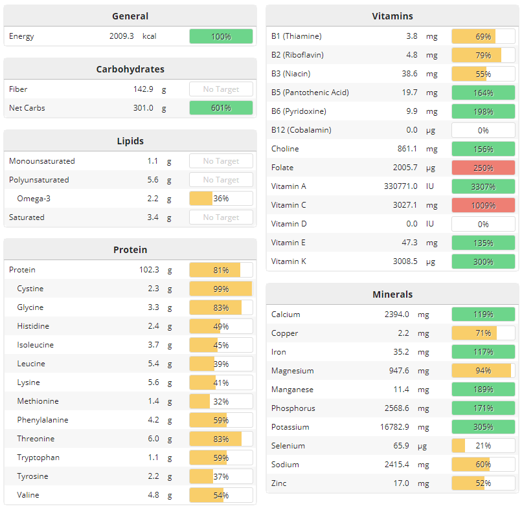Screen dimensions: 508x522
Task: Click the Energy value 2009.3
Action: tap(121, 36)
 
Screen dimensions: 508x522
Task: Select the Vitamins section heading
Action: tap(392, 16)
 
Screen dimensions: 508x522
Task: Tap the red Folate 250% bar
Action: tap(483, 168)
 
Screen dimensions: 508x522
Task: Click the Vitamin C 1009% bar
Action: tap(483, 205)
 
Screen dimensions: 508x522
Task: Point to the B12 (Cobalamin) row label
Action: tap(301, 130)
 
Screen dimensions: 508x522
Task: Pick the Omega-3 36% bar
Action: tap(221, 199)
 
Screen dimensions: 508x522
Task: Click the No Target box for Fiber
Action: tap(221, 89)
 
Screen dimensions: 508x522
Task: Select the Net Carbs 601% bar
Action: tap(221, 108)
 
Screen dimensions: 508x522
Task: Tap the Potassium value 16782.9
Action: tap(394, 427)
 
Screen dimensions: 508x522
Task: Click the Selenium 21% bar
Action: tap(483, 446)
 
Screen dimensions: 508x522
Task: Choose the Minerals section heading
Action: tap(392, 294)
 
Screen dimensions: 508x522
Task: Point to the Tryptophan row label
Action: tap(38, 458)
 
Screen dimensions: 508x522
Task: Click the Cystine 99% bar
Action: tap(221, 289)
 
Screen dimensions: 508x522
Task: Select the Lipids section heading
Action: tap(130, 140)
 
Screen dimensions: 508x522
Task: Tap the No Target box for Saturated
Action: tap(221, 217)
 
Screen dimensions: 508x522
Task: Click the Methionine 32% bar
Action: tap(221, 401)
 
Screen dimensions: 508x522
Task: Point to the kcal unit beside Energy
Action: tap(150, 36)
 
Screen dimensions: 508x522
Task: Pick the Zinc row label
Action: tap(278, 483)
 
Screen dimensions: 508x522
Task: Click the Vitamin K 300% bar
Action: tap(483, 261)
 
